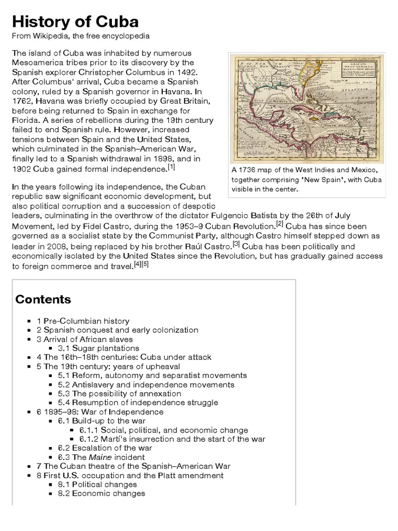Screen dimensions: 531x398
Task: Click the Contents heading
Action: pos(43,299)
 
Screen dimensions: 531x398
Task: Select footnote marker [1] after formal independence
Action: pos(171,167)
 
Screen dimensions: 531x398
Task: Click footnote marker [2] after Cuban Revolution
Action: pos(279,224)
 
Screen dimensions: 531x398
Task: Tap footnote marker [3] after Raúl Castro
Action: pos(236,243)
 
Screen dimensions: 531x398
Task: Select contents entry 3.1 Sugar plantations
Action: pos(98,348)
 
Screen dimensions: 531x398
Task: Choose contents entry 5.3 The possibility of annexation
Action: pos(119,393)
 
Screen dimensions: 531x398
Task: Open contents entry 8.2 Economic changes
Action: pos(101,493)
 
